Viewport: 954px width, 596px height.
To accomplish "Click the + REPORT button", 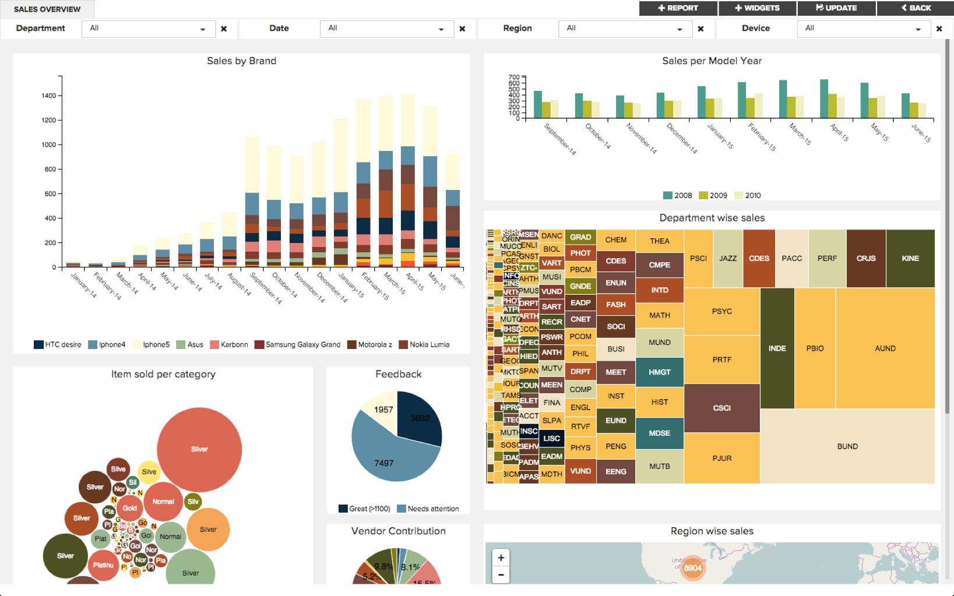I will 678,8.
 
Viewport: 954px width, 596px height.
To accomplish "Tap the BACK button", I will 916,8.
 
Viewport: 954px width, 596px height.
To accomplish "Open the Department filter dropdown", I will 148,29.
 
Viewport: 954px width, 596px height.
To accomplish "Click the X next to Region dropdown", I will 700,29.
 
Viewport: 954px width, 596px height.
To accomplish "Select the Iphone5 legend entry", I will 151,345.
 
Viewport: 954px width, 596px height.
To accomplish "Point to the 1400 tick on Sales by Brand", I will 49,96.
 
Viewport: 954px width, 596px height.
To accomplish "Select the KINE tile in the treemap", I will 910,258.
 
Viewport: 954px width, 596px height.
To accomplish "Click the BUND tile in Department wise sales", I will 847,446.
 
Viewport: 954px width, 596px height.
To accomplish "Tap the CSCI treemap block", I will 721,408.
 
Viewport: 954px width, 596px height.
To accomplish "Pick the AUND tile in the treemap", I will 885,348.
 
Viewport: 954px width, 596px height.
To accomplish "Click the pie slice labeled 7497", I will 384,463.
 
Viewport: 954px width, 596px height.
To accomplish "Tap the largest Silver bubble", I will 199,449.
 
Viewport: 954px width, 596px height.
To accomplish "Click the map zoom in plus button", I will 501,558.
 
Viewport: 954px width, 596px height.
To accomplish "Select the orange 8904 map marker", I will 692,568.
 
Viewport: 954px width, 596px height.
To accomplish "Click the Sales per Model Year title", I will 712,61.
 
